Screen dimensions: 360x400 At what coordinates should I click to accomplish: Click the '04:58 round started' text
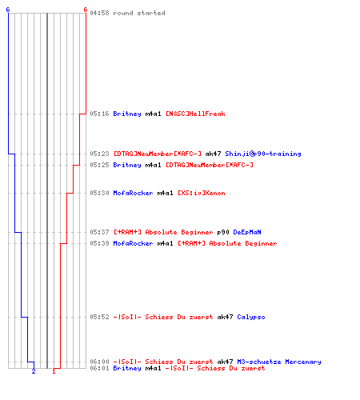click(x=127, y=13)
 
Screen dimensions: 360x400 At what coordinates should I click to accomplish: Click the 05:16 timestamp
click(x=99, y=114)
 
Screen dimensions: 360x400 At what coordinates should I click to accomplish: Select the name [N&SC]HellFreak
click(x=195, y=114)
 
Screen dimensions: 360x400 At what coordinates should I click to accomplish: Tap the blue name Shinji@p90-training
click(x=263, y=154)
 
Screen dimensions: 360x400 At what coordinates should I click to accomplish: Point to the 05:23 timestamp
click(x=99, y=154)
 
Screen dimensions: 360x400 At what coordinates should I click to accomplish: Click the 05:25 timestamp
click(x=99, y=165)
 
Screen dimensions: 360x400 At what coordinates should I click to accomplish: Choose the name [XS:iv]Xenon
click(x=202, y=193)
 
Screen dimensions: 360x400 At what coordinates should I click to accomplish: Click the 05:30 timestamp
click(x=99, y=193)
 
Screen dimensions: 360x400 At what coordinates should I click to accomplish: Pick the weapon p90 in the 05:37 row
click(x=223, y=233)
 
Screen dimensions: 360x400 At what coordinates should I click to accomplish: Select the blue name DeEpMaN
click(x=247, y=232)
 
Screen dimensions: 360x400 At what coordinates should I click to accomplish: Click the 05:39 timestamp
click(x=99, y=243)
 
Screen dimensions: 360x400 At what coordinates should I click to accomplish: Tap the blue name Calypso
click(x=251, y=318)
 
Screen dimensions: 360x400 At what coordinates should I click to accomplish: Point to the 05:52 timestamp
click(x=99, y=317)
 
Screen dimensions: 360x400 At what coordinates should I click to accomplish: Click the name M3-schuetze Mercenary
click(x=279, y=362)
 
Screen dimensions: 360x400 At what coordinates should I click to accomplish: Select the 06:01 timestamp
click(x=99, y=368)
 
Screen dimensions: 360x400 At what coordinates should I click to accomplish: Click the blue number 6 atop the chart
click(x=8, y=10)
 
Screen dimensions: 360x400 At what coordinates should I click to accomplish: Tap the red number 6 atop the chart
click(x=86, y=10)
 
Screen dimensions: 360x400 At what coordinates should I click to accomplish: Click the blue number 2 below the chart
click(x=34, y=371)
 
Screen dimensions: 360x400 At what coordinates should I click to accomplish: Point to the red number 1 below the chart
click(x=54, y=371)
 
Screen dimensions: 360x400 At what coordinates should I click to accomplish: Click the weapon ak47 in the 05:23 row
click(x=213, y=154)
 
